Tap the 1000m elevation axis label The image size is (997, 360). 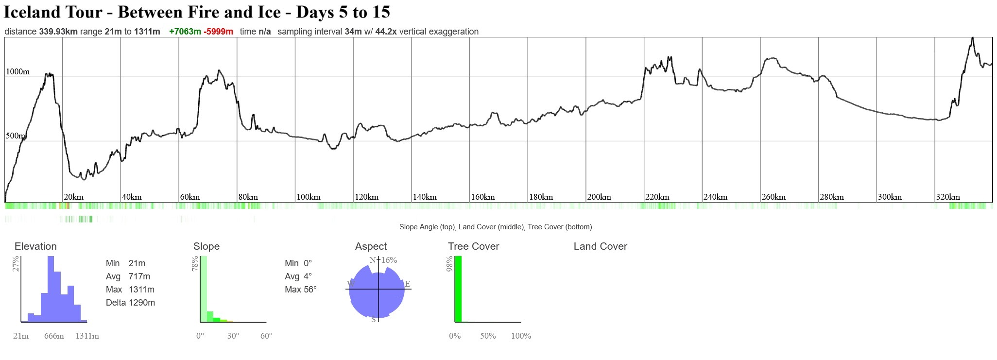click(17, 72)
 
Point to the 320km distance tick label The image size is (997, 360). click(948, 197)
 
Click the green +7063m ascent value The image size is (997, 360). click(185, 32)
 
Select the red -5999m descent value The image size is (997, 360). click(218, 32)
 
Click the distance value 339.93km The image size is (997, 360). click(58, 32)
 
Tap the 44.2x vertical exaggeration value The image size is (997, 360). click(386, 32)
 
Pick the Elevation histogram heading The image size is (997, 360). click(35, 246)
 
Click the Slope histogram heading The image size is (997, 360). click(206, 246)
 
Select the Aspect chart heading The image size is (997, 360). click(371, 246)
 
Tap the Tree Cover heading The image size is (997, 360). click(473, 246)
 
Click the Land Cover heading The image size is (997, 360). click(600, 246)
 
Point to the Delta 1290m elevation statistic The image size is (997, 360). click(130, 303)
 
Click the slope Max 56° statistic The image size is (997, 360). click(300, 290)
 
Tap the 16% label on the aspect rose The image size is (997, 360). click(389, 260)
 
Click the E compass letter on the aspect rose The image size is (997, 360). click(407, 284)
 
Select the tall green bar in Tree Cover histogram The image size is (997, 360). click(458, 289)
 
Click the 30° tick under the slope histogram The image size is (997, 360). click(233, 336)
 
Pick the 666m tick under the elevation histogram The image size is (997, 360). click(54, 336)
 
